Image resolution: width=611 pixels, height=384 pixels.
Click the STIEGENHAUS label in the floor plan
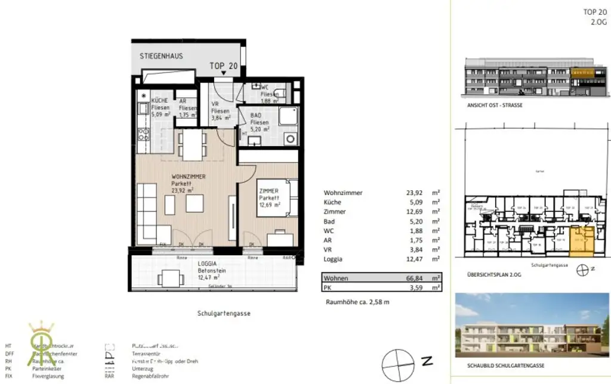point(161,56)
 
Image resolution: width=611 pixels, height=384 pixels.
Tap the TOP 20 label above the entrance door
point(224,66)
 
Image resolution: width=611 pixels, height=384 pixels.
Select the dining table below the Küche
point(192,145)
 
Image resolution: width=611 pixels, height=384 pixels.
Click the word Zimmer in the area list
point(335,212)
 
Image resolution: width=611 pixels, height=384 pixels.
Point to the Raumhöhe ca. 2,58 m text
point(357,302)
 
